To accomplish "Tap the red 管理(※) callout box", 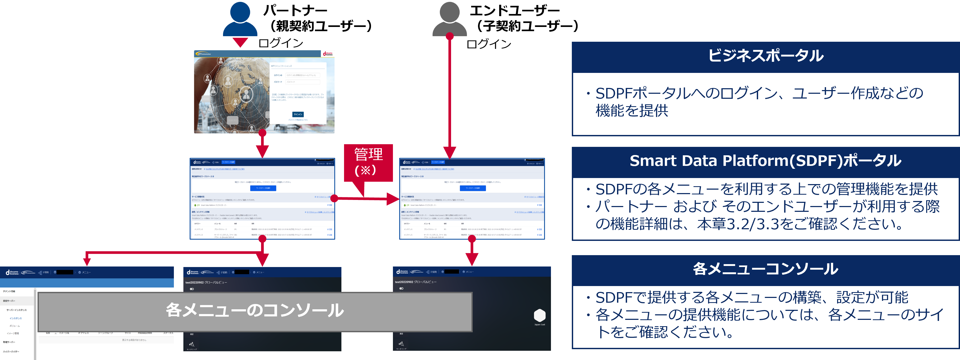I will point(368,162).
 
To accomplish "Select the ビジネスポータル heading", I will point(766,56).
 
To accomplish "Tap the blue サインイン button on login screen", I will point(298,114).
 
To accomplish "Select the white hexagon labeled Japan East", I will point(540,316).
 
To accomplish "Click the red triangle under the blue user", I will point(240,42).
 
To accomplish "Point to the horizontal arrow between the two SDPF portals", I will point(367,199).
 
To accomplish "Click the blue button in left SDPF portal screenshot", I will point(263,188).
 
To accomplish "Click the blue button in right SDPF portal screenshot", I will point(472,188).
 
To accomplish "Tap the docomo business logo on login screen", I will point(328,54).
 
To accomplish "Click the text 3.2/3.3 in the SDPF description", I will point(752,224).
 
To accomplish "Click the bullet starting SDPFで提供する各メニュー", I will point(751,297).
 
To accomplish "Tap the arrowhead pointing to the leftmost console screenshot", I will point(87,261).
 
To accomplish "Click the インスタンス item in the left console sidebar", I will point(16,318).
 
